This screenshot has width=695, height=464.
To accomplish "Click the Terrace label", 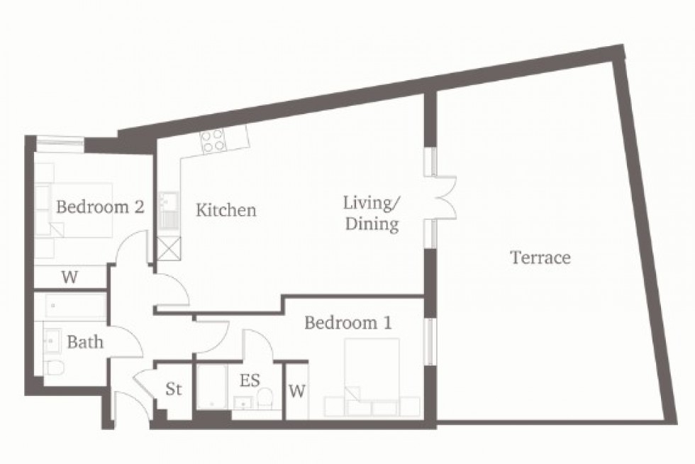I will (540, 257).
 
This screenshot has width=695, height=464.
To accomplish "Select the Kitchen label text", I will (226, 211).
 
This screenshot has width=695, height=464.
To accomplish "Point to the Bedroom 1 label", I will (347, 324).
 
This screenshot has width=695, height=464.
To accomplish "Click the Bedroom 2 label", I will (101, 207).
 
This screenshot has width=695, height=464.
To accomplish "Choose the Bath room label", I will (85, 342).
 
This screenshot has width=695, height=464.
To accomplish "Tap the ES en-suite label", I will (249, 381).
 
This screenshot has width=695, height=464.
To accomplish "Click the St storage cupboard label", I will (174, 390).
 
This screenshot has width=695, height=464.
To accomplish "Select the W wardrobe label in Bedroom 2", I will (69, 277).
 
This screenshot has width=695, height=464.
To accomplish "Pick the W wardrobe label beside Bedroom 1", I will (297, 391).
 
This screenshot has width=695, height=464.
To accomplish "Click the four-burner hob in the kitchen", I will (213, 142).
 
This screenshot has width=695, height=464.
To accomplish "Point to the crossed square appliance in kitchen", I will (169, 249).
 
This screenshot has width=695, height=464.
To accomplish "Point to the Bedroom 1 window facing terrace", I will (428, 342).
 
